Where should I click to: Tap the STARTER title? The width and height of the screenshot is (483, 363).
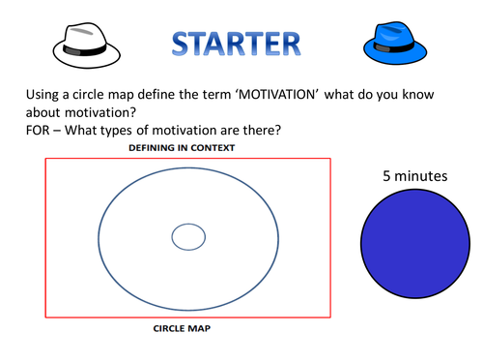pos(237,44)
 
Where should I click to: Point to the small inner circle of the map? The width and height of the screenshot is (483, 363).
pos(188,236)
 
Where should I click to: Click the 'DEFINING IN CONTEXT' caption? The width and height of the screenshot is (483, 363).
pos(184,148)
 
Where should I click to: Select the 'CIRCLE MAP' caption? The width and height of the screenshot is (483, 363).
pos(184,328)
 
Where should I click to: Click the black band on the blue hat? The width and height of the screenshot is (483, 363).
pos(392,47)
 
